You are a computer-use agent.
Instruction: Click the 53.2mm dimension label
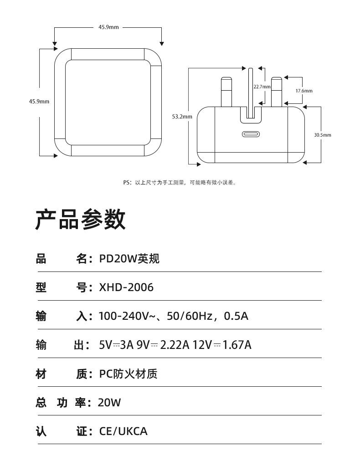click(182, 117)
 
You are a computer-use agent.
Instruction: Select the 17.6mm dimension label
click(304, 91)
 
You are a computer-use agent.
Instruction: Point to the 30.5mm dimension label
click(323, 135)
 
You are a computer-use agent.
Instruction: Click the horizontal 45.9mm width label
click(108, 27)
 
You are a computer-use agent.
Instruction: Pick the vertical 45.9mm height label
click(39, 101)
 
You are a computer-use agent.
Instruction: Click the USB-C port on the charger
click(251, 135)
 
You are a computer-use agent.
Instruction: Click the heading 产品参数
click(80, 220)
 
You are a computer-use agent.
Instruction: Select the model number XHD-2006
click(126, 287)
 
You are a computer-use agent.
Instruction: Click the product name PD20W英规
click(129, 259)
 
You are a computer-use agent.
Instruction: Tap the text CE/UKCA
click(123, 431)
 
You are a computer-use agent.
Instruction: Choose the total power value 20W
click(109, 403)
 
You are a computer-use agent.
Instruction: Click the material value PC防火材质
click(129, 374)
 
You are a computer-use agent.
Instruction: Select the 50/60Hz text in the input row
click(190, 316)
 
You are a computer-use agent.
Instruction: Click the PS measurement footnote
click(180, 183)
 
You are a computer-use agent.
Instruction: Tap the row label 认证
click(61, 431)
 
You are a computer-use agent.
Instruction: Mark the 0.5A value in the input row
click(236, 316)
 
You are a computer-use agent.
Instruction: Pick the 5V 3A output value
click(116, 345)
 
